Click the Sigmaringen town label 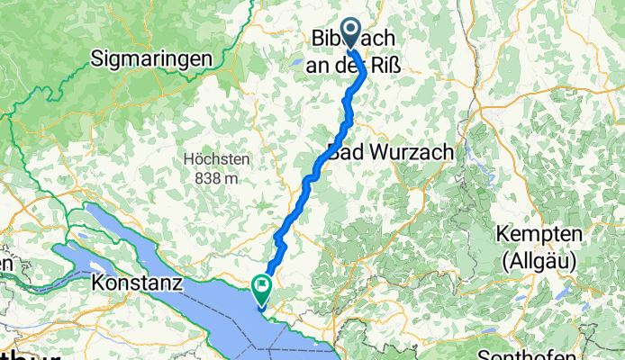click(151, 59)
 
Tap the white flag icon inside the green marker click(262, 288)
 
